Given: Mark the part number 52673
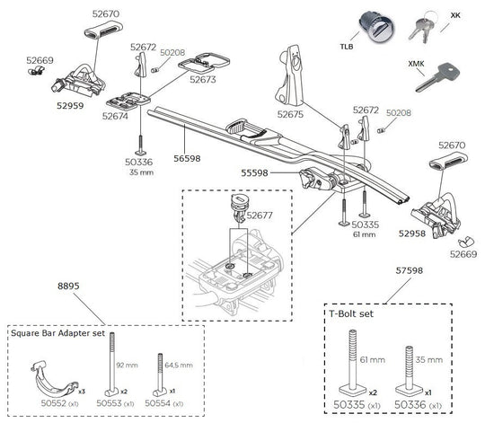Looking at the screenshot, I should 204,80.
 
